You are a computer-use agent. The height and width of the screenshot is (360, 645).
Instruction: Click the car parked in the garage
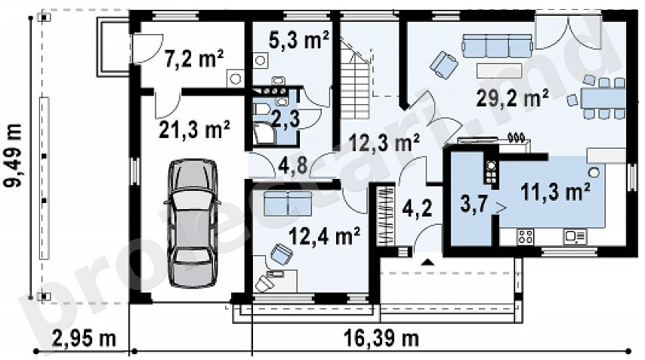(192, 223)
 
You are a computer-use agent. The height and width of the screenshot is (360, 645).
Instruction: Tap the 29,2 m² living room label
(512, 98)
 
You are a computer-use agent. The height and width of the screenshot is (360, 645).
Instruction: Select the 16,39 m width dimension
(381, 339)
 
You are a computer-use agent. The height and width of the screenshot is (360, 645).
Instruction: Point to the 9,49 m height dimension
(12, 155)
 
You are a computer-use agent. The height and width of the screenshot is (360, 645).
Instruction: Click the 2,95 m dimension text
(85, 340)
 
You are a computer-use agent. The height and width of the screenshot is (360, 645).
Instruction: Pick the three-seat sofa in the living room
(497, 45)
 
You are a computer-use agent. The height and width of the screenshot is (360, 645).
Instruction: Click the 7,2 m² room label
(194, 59)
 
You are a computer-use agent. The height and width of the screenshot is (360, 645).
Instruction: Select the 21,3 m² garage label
(194, 129)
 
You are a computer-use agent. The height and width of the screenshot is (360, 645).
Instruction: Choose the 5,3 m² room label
(299, 40)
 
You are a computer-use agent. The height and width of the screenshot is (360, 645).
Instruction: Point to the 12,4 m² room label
(325, 235)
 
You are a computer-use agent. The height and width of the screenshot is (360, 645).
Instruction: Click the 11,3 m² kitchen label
(555, 192)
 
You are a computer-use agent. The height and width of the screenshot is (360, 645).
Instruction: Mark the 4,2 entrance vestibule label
(417, 208)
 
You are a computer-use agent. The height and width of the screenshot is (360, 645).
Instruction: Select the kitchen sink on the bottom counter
(575, 237)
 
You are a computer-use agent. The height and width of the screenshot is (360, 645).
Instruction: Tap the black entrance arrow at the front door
(427, 261)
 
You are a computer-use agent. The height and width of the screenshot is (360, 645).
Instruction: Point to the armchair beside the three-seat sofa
(444, 64)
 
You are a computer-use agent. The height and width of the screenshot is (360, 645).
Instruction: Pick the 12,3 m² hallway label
(384, 143)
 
